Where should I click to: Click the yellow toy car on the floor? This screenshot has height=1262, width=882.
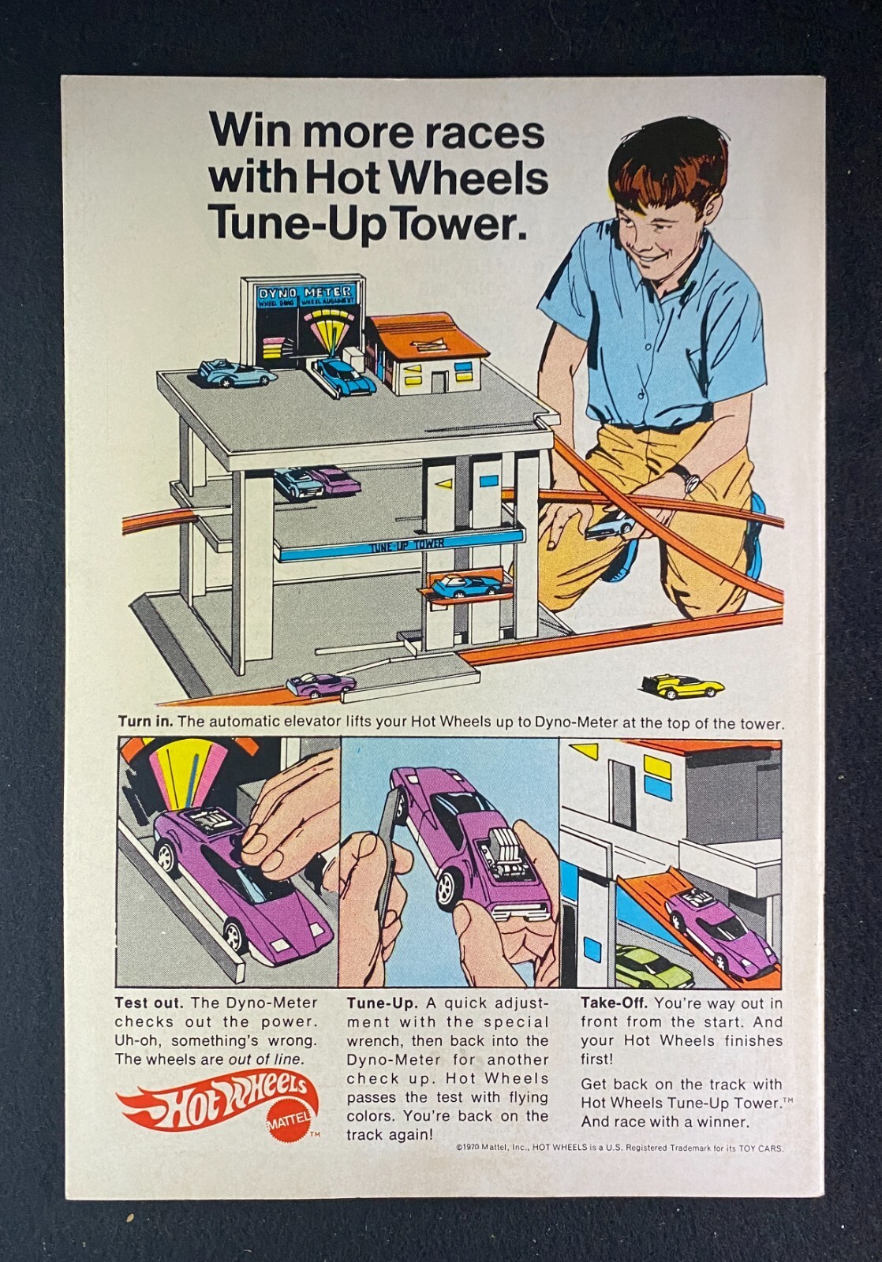click(682, 685)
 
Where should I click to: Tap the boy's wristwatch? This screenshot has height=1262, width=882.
click(691, 480)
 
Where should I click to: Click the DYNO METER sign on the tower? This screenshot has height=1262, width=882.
click(306, 293)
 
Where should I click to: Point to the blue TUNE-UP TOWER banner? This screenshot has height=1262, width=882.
click(402, 546)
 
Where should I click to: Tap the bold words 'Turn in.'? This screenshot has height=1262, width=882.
click(145, 722)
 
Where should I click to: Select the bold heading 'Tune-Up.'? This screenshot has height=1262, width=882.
click(382, 1003)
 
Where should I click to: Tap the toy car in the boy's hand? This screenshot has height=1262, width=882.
click(610, 526)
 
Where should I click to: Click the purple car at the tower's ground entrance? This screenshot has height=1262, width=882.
click(320, 685)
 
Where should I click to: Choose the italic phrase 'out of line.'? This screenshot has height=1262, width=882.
click(265, 1059)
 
